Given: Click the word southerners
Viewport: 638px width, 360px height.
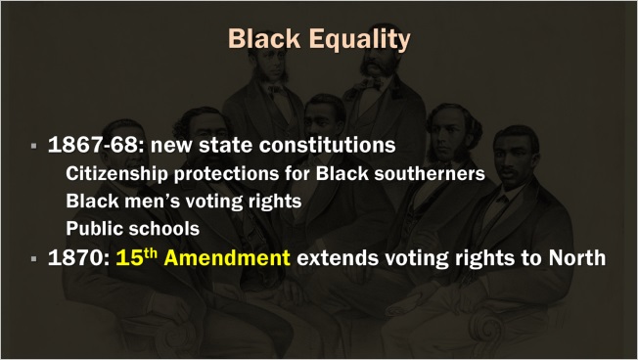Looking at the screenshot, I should [426, 175].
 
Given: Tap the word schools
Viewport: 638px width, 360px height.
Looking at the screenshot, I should [164, 230].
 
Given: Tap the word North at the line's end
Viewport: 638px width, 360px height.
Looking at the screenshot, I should [577, 260].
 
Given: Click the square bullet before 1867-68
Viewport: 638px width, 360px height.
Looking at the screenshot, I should [33, 147].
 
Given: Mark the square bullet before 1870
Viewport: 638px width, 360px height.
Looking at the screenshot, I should [33, 261].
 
